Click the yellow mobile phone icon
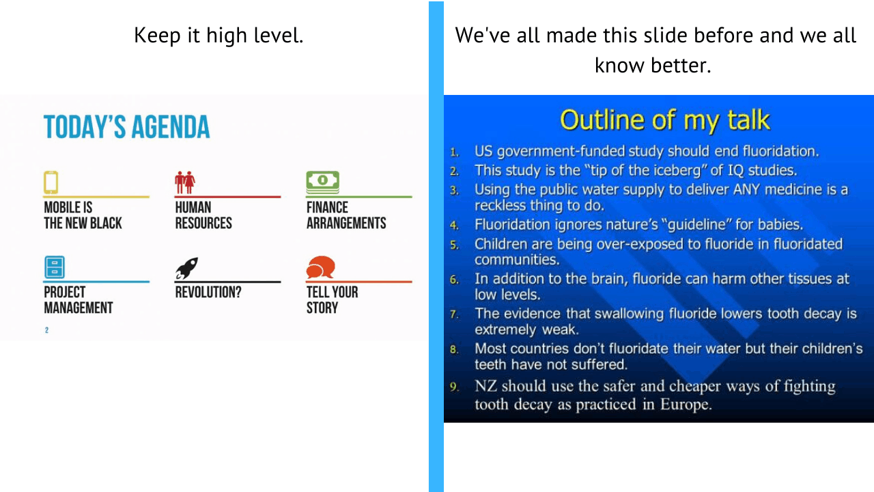tap(51, 182)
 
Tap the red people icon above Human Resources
tap(184, 182)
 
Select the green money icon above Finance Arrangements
tap(322, 181)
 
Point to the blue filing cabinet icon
tap(55, 267)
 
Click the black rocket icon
tap(186, 268)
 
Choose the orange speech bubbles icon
tap(320, 267)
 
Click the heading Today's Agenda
tap(126, 127)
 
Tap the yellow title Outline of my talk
tap(664, 120)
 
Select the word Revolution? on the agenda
tap(208, 292)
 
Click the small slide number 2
tap(46, 331)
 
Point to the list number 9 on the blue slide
tap(454, 387)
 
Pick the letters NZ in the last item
tap(487, 386)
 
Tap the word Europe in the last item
tap(684, 404)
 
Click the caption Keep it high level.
tap(218, 36)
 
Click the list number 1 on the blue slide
tap(454, 152)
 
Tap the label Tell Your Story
tap(332, 300)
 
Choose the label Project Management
tap(78, 300)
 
